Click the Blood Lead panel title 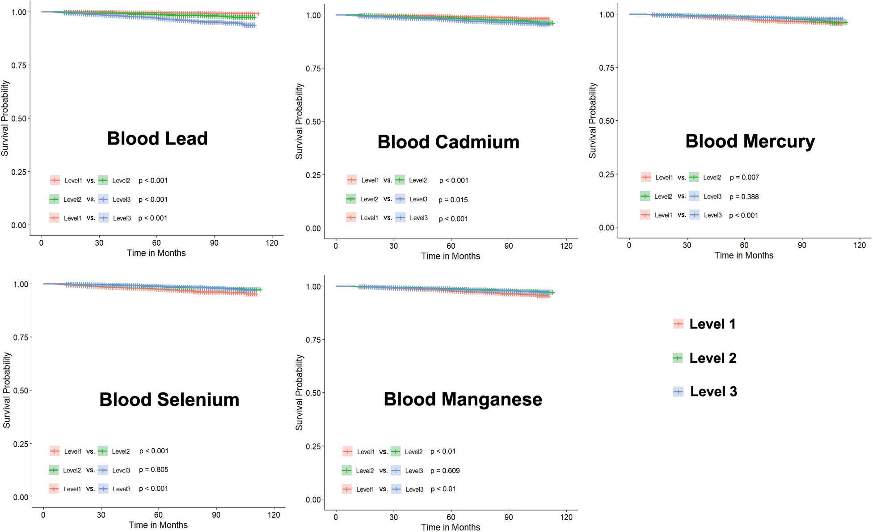tap(157, 139)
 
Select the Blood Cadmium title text tap(448, 142)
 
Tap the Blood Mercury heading tap(750, 141)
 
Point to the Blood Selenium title tap(169, 400)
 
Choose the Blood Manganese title tap(463, 399)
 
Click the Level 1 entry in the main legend tap(712, 324)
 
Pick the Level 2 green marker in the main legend tap(678, 358)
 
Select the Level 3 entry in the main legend tap(713, 392)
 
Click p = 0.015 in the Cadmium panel tap(453, 200)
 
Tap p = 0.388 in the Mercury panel tap(744, 197)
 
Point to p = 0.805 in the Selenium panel tap(153, 470)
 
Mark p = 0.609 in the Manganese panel tap(445, 471)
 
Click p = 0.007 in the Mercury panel tap(744, 178)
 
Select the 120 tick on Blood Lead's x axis tap(272, 243)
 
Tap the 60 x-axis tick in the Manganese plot tap(451, 517)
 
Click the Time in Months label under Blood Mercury tap(744, 255)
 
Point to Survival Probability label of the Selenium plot tap(7, 390)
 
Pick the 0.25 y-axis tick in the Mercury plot tap(606, 174)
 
